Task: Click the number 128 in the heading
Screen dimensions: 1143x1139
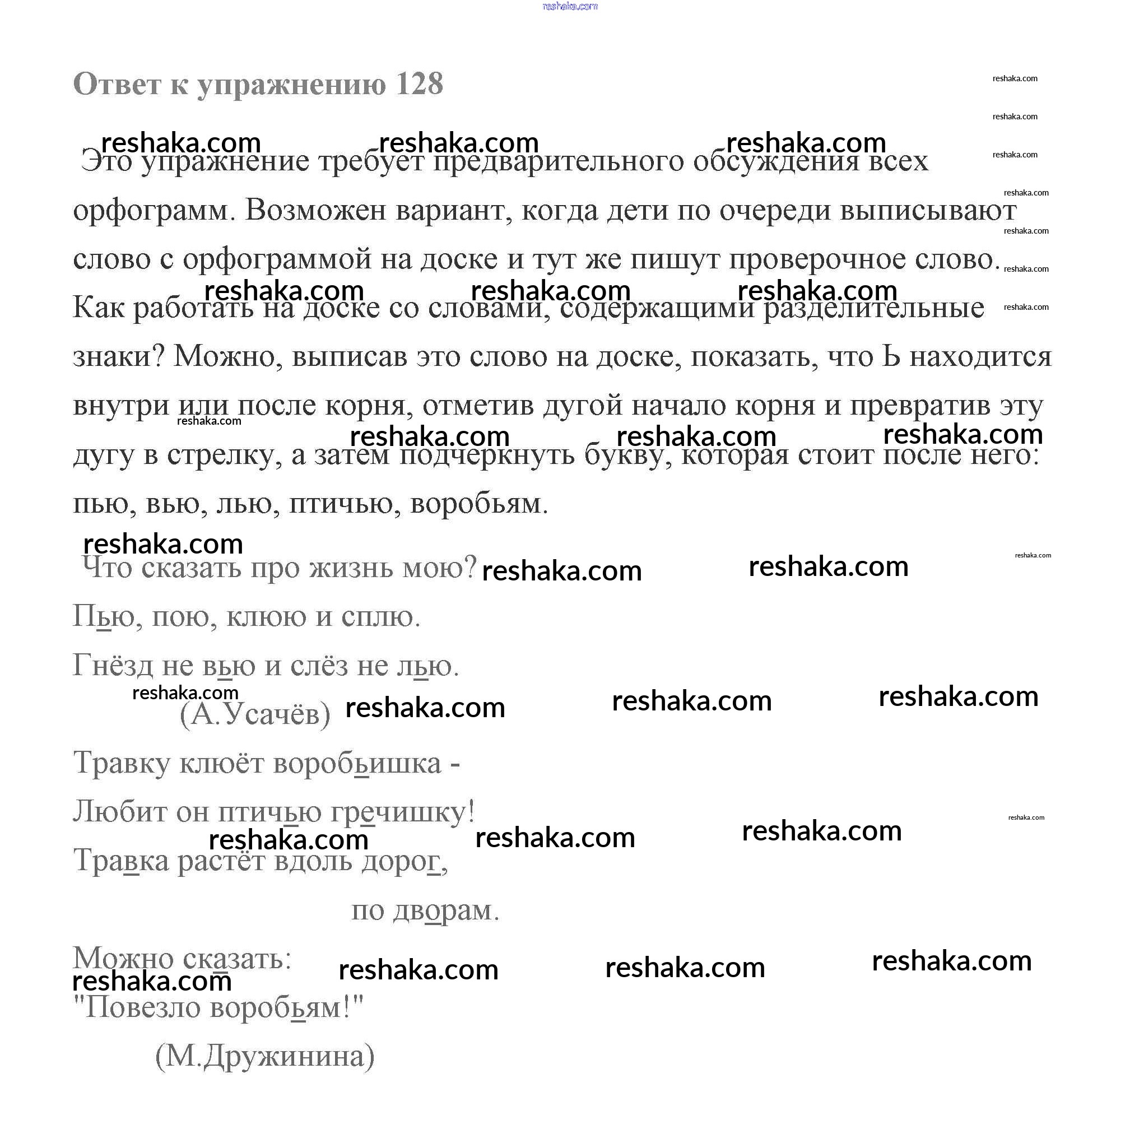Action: pos(419,84)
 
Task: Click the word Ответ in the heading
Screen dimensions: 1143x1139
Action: pos(117,84)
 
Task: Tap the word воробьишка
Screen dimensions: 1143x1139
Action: pos(357,763)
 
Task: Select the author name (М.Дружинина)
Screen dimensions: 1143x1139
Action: pos(265,1056)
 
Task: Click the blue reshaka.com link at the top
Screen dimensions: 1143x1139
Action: pos(570,7)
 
